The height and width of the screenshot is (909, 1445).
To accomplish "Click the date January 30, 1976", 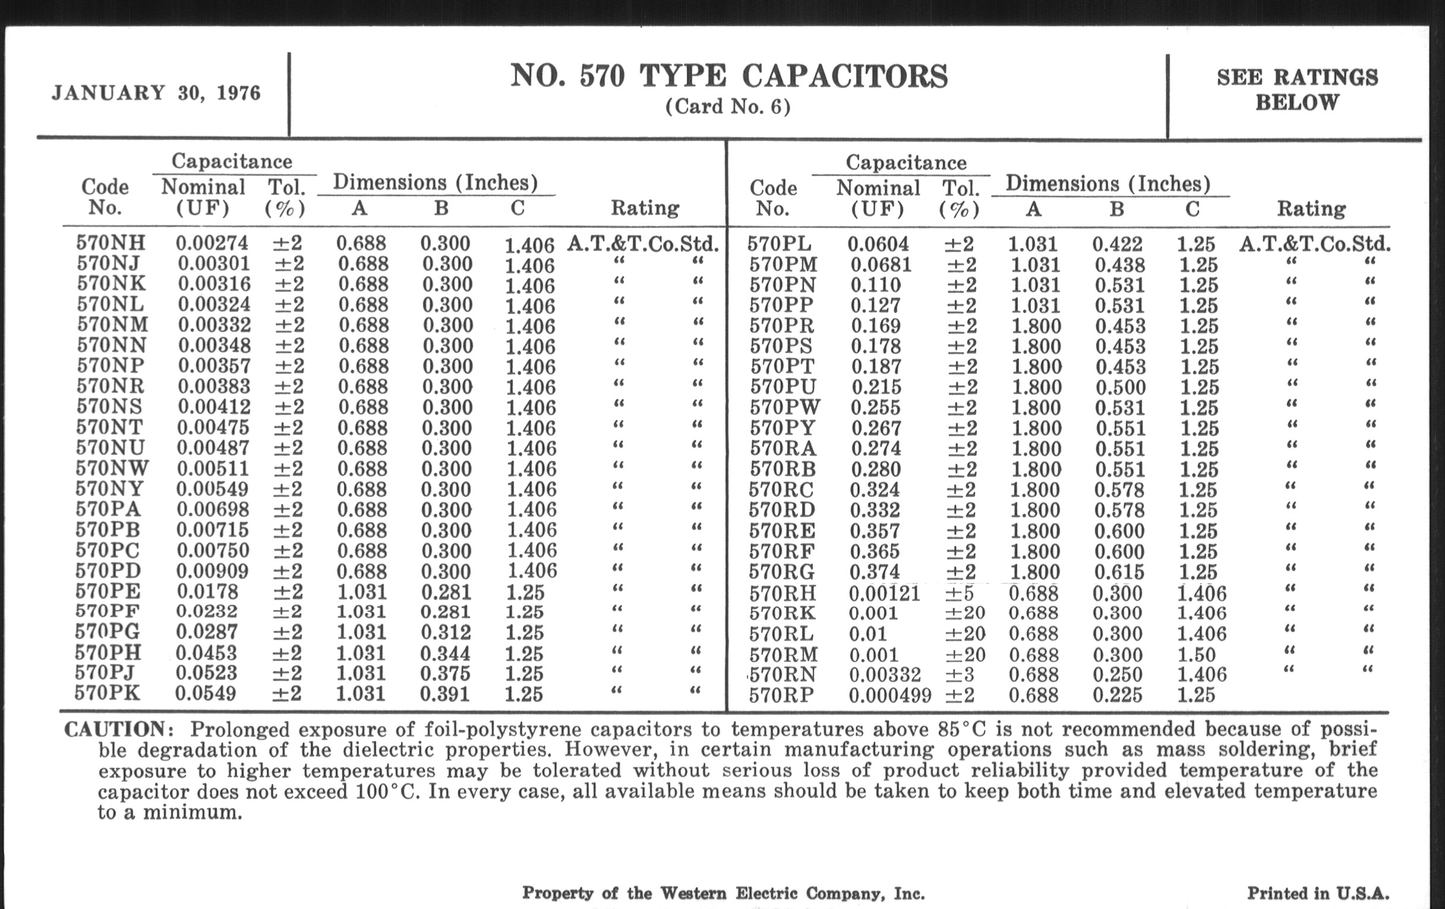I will [x=156, y=93].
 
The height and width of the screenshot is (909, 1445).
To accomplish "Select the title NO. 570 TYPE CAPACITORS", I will [x=728, y=77].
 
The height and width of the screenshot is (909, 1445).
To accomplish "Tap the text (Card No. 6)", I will [x=728, y=108].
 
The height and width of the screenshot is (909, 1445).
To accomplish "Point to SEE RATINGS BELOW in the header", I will [x=1298, y=90].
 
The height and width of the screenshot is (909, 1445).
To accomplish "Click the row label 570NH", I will [x=111, y=243].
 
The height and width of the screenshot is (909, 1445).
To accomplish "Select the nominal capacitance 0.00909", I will [x=213, y=570].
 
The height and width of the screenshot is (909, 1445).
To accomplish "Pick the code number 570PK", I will [x=108, y=693].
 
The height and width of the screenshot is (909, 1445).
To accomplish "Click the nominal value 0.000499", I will [x=890, y=695].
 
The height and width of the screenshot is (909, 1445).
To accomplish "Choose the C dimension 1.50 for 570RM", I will [x=1196, y=655].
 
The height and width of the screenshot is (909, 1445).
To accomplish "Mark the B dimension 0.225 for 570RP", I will [x=1118, y=695].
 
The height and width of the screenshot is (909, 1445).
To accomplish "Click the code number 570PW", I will [x=785, y=408].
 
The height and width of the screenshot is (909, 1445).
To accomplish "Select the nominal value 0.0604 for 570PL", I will [x=878, y=244].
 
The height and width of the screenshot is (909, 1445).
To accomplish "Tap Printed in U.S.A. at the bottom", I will [x=1318, y=894].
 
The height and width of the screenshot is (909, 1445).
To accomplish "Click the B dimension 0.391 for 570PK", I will [x=445, y=694].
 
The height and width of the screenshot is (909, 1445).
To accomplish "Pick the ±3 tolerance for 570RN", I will [x=961, y=675].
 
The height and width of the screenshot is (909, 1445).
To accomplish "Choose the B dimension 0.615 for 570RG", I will [x=1119, y=572].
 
